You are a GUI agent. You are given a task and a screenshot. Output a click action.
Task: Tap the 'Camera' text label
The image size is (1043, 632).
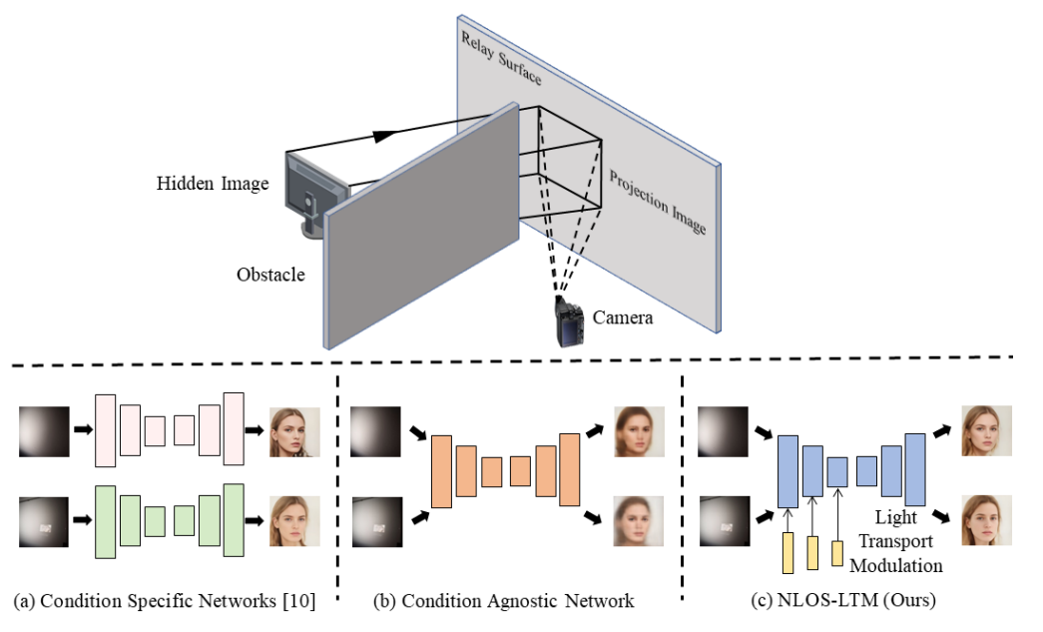click(623, 317)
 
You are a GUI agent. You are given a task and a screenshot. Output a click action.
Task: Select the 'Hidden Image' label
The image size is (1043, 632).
click(213, 184)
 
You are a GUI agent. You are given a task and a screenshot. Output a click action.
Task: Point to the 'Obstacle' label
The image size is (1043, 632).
click(271, 274)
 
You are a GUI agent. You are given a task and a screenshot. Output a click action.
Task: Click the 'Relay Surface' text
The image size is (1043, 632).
click(501, 59)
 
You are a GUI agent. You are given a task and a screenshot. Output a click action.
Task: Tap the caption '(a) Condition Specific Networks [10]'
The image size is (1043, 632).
click(164, 601)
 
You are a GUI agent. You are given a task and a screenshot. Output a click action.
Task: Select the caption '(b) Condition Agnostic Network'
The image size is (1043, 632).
click(503, 601)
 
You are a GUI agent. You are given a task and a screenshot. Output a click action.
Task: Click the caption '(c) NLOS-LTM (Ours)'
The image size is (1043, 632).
click(843, 601)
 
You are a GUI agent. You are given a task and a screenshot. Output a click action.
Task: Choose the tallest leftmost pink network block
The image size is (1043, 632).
click(106, 429)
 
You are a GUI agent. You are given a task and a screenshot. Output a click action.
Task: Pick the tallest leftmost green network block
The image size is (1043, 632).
click(106, 520)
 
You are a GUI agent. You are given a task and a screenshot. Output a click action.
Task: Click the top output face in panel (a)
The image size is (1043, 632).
click(294, 431)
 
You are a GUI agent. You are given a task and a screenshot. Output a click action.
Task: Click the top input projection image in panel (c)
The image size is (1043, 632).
click(726, 431)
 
